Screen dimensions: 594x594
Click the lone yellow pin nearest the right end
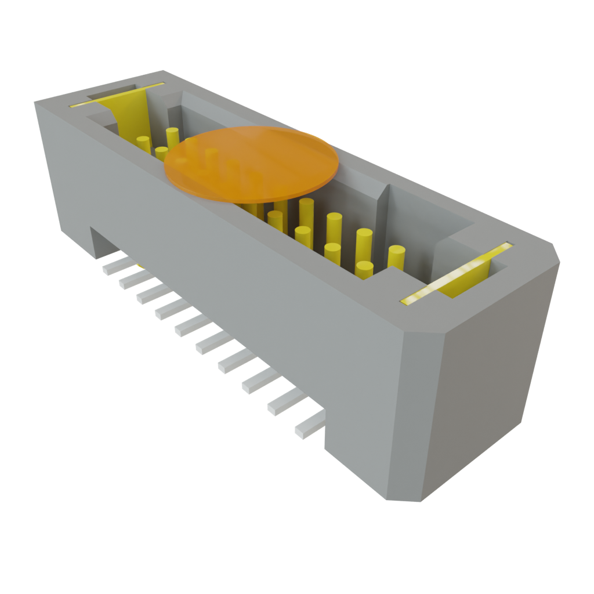(x=396, y=258)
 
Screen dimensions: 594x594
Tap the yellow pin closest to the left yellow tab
(x=143, y=144)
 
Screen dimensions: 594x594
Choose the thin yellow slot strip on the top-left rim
(x=116, y=95)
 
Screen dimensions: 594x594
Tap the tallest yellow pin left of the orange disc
(x=172, y=138)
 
